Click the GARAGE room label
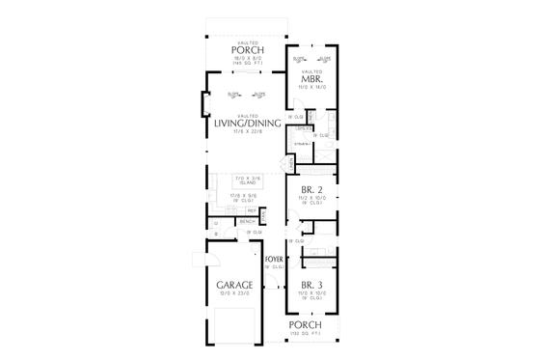[x=236, y=285]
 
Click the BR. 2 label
[x=311, y=189]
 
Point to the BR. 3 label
[x=310, y=285]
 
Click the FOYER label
[x=274, y=260]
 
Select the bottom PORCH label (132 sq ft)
[x=305, y=324]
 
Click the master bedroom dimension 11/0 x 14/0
[x=313, y=87]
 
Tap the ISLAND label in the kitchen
[x=249, y=182]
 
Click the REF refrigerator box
[x=252, y=210]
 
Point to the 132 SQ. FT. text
[x=307, y=333]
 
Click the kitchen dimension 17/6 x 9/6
[x=242, y=196]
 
